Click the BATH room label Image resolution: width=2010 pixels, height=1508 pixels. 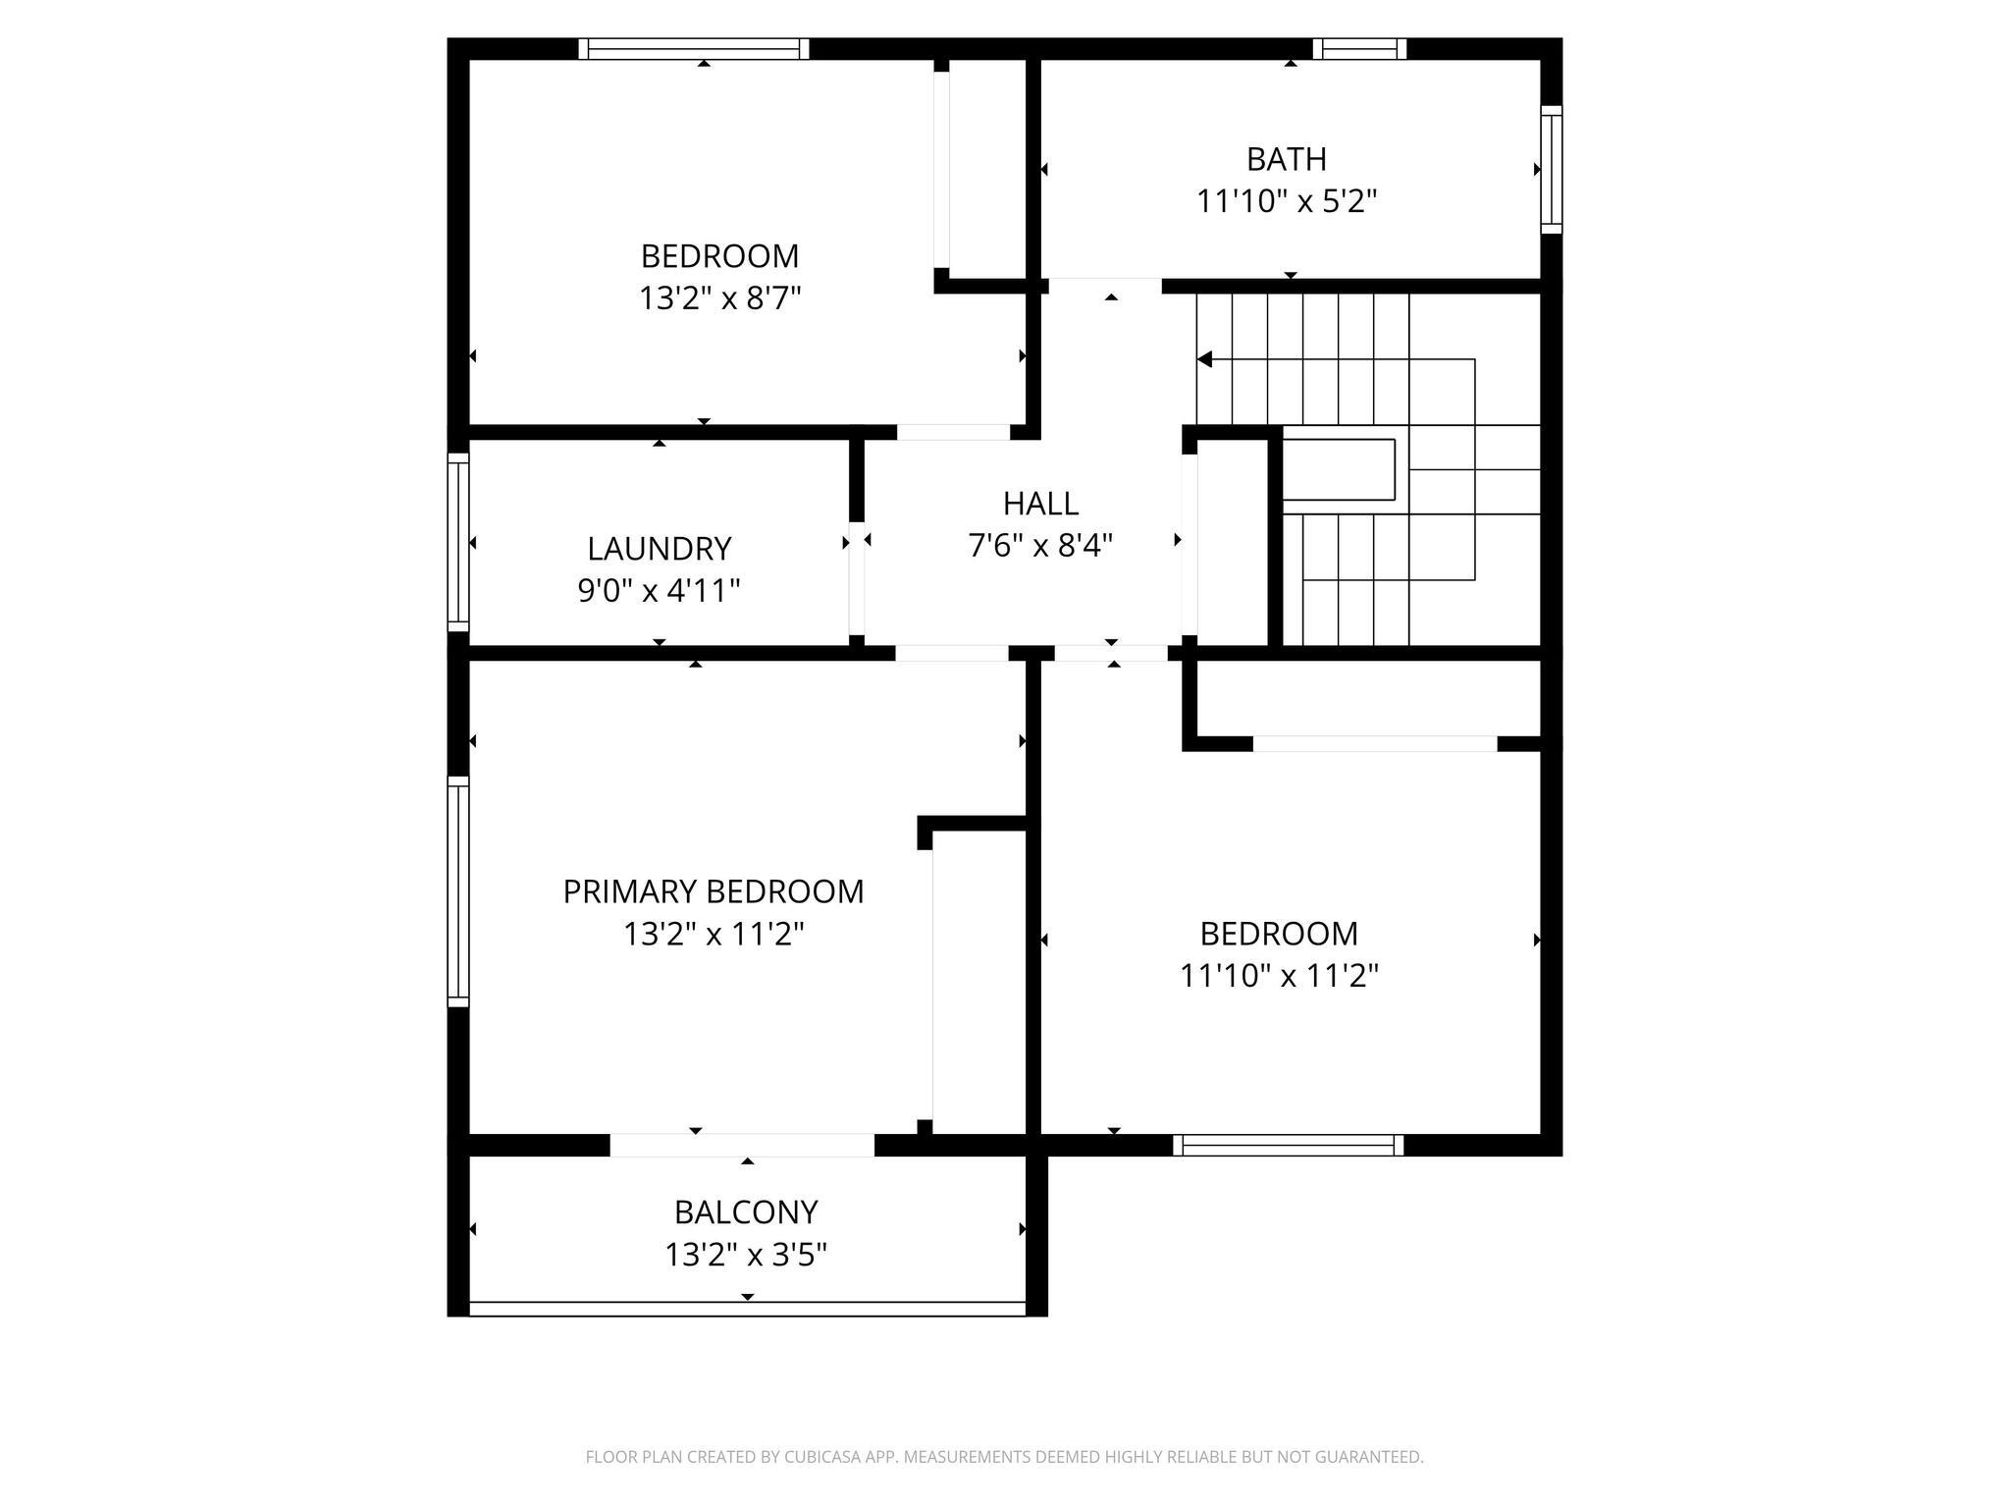coord(1286,158)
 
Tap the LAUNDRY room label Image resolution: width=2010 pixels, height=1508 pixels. coord(659,548)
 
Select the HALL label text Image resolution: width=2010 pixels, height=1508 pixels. coord(1040,504)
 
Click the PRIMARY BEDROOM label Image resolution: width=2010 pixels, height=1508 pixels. coord(714,891)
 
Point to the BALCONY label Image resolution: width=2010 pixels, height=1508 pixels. coord(746,1212)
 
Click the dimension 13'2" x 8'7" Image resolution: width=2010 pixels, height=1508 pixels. coord(720,297)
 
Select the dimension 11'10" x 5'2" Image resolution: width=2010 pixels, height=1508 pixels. coord(1286,201)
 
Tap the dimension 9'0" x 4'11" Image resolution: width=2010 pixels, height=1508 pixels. coord(659,590)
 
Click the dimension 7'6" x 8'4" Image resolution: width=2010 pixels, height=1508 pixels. coord(1040,545)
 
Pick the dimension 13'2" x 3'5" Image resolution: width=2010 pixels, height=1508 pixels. coord(746,1255)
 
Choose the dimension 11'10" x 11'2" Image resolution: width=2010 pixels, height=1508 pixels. coord(1279,976)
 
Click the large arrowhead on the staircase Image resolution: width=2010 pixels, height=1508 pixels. coord(1205,360)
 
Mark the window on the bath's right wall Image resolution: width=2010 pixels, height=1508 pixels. coord(1551,169)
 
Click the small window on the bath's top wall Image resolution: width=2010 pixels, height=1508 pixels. coord(1359,49)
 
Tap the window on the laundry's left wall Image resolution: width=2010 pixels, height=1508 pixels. coord(458,541)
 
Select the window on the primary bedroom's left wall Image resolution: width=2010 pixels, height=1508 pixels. coord(458,891)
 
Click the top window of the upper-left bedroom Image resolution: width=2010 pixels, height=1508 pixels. coord(694,49)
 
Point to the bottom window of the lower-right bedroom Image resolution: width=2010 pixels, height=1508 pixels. coord(1289,1145)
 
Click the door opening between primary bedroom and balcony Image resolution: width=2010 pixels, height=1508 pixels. coord(742,1145)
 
